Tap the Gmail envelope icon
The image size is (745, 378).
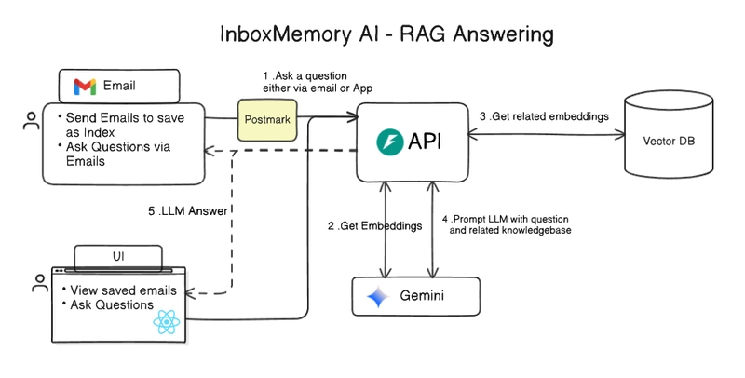(x=85, y=88)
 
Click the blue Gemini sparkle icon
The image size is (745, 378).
(x=378, y=298)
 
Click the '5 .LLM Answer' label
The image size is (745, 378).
(x=187, y=210)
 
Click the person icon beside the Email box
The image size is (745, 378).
(x=32, y=122)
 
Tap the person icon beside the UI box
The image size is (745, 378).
(x=39, y=285)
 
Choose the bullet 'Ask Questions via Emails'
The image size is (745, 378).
(x=115, y=155)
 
